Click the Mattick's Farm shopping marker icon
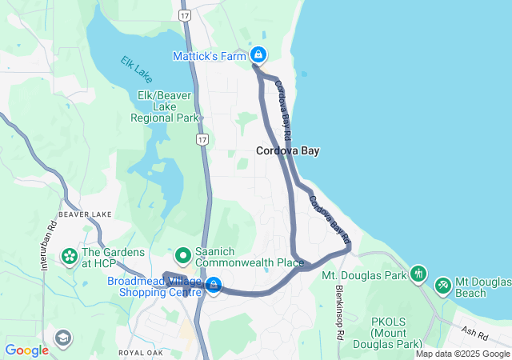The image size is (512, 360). [x=258, y=54]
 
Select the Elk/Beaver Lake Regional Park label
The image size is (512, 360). [x=165, y=106]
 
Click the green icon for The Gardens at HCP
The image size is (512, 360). [x=69, y=257]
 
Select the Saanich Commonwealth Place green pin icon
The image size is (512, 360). [x=183, y=256]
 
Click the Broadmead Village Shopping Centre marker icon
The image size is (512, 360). [x=214, y=284]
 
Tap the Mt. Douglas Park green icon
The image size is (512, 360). [x=416, y=275]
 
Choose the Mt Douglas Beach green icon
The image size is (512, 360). [x=442, y=286]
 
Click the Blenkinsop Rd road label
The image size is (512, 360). [x=339, y=312]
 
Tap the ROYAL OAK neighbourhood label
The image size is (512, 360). [x=142, y=352]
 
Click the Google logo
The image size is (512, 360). [x=26, y=350]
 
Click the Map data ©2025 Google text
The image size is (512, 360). [x=462, y=354]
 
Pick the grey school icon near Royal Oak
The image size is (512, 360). [x=62, y=338]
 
